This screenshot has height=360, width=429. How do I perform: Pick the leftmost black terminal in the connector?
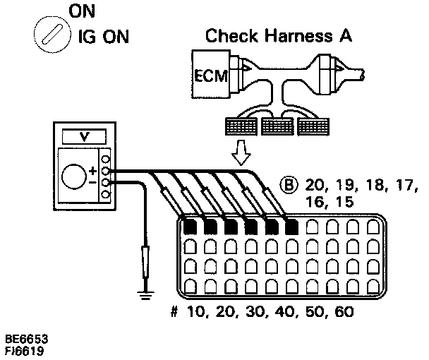point(189,227)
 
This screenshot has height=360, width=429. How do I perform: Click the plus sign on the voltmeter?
point(92,170)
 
